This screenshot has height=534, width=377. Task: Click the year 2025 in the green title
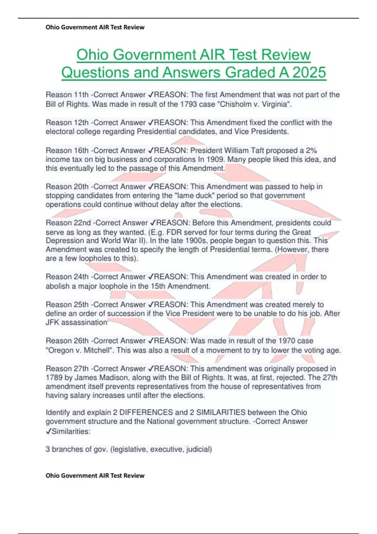tap(309, 73)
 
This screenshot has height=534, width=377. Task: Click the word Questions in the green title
tap(95, 73)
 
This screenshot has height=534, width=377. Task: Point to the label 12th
tap(81, 123)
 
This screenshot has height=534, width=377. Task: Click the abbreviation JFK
tap(52, 322)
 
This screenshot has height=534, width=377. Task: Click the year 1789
tap(54, 378)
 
